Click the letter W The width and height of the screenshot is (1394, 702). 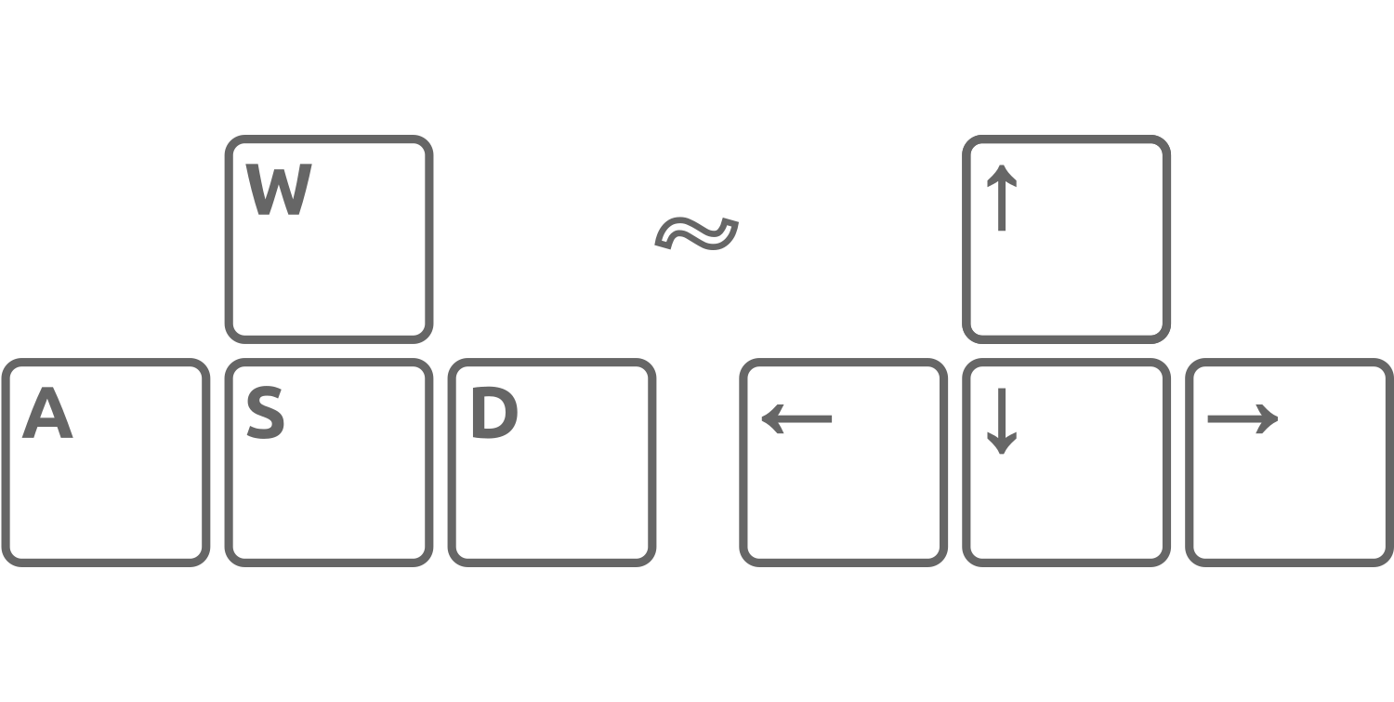coord(278,190)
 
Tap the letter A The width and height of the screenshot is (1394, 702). coord(47,412)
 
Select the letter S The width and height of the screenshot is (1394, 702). coord(265,413)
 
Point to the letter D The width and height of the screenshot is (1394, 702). coord(494,412)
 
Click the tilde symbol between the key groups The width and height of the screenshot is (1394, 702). coord(696,233)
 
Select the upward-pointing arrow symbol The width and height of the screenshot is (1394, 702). coord(1001,197)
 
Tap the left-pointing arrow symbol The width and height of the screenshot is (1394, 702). coord(796,418)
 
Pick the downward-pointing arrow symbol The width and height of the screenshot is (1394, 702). coord(1001,421)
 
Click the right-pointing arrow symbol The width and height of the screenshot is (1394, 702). coord(1243,418)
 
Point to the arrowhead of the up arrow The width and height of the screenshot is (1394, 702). coord(1001,166)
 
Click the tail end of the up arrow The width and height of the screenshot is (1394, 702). coord(1001,231)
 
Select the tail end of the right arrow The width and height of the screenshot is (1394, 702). coord(1208,418)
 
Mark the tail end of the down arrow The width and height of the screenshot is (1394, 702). coord(1001,389)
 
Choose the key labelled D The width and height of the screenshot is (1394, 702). coord(551,462)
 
